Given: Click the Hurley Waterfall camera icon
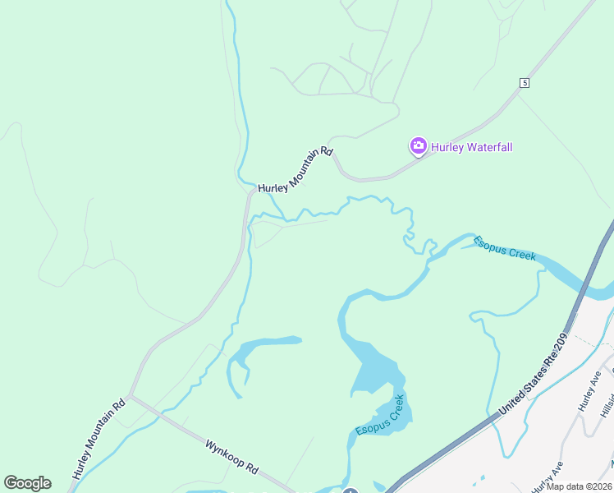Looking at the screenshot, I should [418, 147].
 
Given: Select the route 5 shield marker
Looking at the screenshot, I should [524, 83].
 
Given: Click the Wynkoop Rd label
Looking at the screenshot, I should [231, 458].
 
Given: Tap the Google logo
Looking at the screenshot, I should [27, 483].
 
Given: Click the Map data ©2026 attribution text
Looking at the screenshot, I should [580, 486].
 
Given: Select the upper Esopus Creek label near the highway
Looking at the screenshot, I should [505, 247].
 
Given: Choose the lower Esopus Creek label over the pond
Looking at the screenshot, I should [380, 416].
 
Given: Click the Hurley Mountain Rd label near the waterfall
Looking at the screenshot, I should [296, 170].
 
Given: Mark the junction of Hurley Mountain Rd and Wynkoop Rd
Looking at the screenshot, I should [131, 397].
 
